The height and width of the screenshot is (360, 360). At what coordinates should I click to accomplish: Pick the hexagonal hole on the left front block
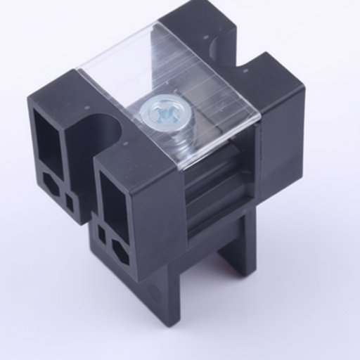pyautogui.click(x=51, y=184)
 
